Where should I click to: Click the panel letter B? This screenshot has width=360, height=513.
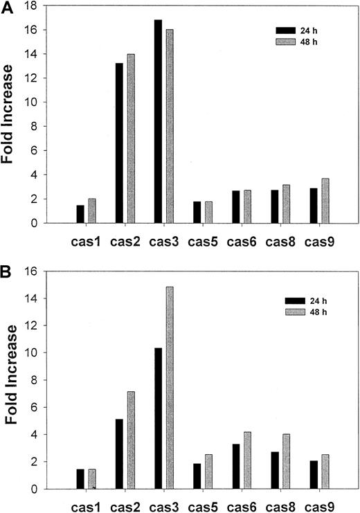coord(7,264)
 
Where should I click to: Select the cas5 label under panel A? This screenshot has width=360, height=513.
coord(204,243)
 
